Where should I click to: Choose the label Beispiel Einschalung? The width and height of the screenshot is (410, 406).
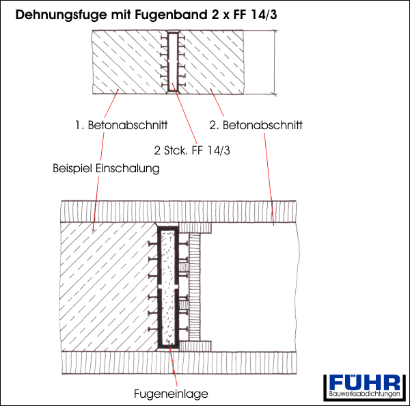106,168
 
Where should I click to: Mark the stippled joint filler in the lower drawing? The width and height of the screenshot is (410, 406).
168,287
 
